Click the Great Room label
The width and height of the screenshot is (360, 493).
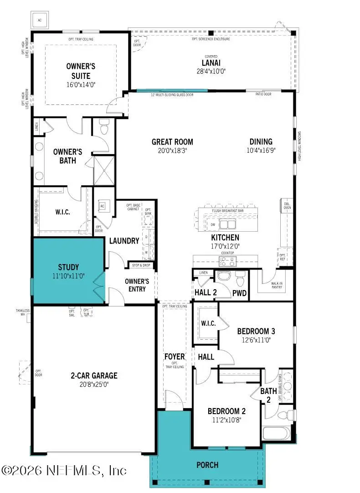(x=172, y=142)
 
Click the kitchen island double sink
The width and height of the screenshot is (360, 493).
(x=226, y=224)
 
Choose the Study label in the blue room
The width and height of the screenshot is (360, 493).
(x=68, y=267)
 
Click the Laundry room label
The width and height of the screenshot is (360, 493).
(x=124, y=241)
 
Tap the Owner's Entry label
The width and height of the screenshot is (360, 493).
(x=137, y=285)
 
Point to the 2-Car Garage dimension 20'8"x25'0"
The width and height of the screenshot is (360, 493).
(x=93, y=384)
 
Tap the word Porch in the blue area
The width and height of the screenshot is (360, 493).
(x=207, y=465)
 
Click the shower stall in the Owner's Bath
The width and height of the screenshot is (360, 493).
(x=104, y=171)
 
